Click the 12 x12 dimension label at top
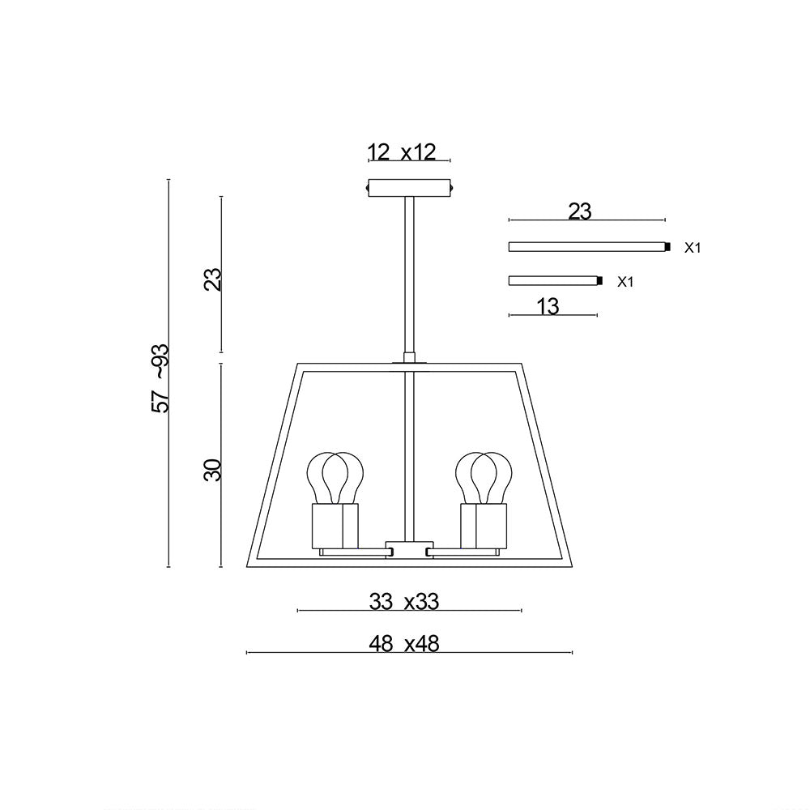tap(402, 152)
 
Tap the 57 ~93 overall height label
tap(160, 377)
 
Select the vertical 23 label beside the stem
tap(211, 279)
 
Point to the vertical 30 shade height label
tap(211, 470)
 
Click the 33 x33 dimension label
tap(404, 601)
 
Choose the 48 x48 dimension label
tap(404, 644)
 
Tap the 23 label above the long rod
tap(580, 211)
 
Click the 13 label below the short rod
tap(548, 306)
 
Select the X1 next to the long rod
tap(693, 248)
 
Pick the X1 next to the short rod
tap(625, 282)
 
